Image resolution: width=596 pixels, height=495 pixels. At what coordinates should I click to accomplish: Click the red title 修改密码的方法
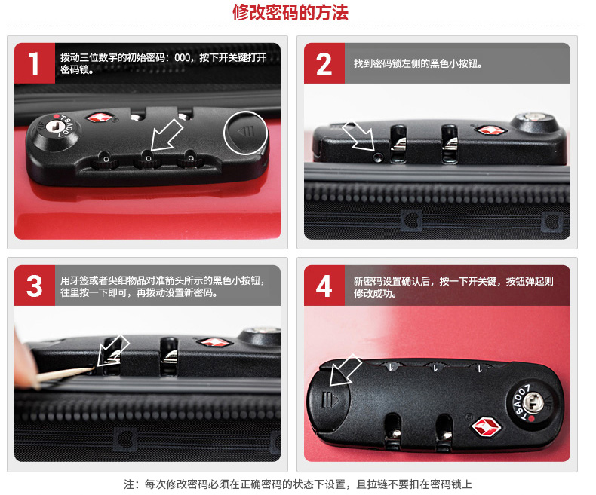pos(290,12)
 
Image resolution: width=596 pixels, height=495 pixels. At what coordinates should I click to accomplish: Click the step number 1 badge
pos(35,63)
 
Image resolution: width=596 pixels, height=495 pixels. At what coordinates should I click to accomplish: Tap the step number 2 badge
pos(324,63)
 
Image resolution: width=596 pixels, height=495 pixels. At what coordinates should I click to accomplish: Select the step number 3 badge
pos(35,286)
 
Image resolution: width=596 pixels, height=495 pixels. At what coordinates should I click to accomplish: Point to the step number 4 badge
pos(324,286)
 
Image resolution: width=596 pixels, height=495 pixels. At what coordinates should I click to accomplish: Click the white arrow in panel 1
pos(166,136)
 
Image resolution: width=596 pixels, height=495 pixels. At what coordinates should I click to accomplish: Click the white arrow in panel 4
pos(344,371)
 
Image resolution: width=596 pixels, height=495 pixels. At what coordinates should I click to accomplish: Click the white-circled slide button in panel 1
pos(246,133)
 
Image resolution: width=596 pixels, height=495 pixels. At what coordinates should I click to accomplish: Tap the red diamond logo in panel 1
pos(100,117)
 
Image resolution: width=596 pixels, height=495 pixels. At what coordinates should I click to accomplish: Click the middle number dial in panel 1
pos(147,160)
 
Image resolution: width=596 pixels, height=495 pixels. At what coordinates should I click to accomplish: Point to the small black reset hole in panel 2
pos(377,157)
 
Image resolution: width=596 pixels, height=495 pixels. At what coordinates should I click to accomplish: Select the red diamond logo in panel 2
pos(490,130)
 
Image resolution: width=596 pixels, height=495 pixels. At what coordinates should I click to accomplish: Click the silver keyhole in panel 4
pos(533,402)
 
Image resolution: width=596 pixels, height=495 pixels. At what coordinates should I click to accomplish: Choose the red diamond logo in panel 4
pos(486,427)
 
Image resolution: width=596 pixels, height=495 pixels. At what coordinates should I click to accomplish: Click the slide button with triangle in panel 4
pos(329,402)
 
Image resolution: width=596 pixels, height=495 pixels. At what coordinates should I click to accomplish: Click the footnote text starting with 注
pos(297,484)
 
